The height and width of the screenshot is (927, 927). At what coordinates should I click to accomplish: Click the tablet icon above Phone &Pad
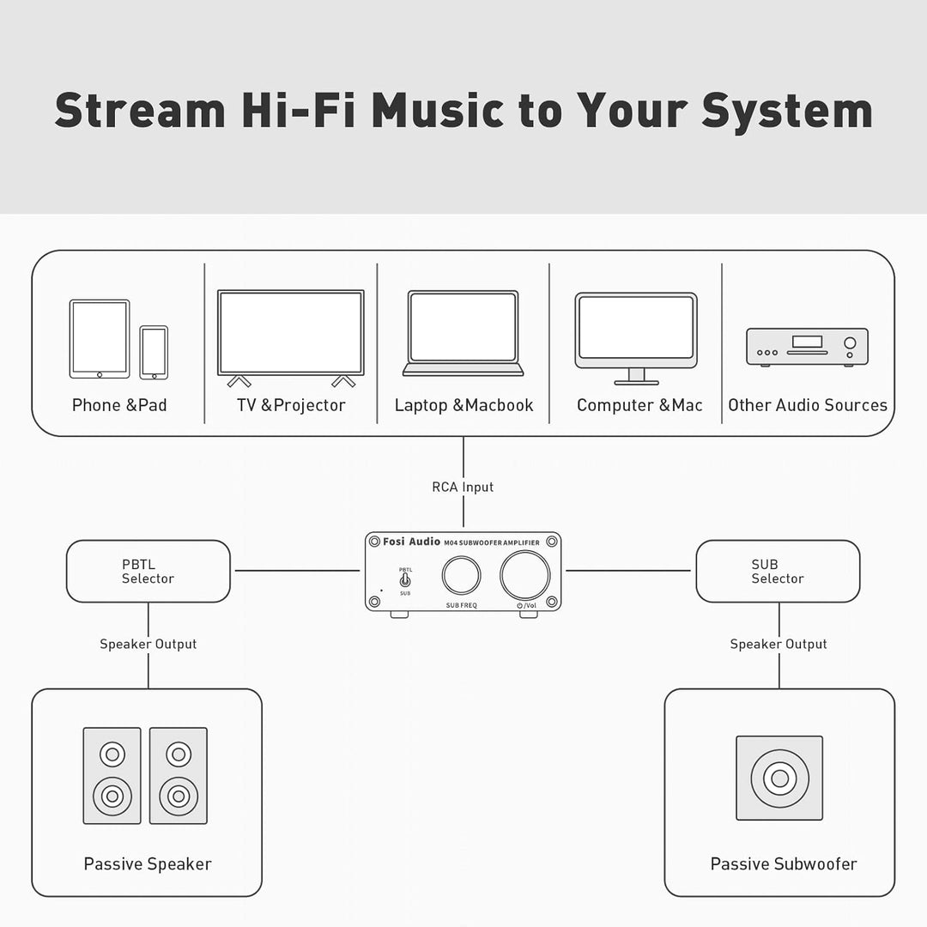tap(100, 339)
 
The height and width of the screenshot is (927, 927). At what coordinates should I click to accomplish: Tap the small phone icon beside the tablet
tap(154, 353)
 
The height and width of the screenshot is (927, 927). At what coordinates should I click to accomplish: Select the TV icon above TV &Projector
tap(291, 338)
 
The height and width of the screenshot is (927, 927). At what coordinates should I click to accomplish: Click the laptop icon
tap(463, 333)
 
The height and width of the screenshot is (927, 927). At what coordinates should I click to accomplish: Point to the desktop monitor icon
tap(636, 338)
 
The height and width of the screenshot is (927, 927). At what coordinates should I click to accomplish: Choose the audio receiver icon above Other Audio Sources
tap(807, 347)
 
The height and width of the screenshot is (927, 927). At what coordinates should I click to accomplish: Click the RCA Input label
tap(463, 488)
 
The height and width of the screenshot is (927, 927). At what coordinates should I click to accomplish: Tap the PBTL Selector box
tap(148, 571)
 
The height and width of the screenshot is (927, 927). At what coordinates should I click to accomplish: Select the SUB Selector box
tap(778, 571)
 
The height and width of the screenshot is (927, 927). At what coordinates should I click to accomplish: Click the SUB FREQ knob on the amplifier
tap(461, 575)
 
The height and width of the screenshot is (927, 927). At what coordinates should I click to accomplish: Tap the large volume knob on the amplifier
tap(525, 574)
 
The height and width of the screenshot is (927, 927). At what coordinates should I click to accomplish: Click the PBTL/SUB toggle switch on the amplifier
tap(405, 579)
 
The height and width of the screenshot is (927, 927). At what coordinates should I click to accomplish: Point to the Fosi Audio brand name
tap(411, 542)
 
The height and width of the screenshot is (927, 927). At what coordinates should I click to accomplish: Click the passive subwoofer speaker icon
tap(779, 778)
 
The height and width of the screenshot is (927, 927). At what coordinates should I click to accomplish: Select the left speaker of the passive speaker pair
tap(112, 776)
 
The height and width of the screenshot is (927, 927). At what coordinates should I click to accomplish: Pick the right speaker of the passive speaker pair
tap(179, 776)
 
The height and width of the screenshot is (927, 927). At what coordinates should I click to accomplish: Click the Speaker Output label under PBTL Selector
tap(148, 644)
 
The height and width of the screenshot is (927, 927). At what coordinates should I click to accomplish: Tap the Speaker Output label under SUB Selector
tap(778, 644)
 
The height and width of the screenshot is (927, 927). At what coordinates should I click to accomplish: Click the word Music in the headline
tap(438, 111)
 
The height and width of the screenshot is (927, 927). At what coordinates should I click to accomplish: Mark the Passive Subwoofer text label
tap(784, 863)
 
